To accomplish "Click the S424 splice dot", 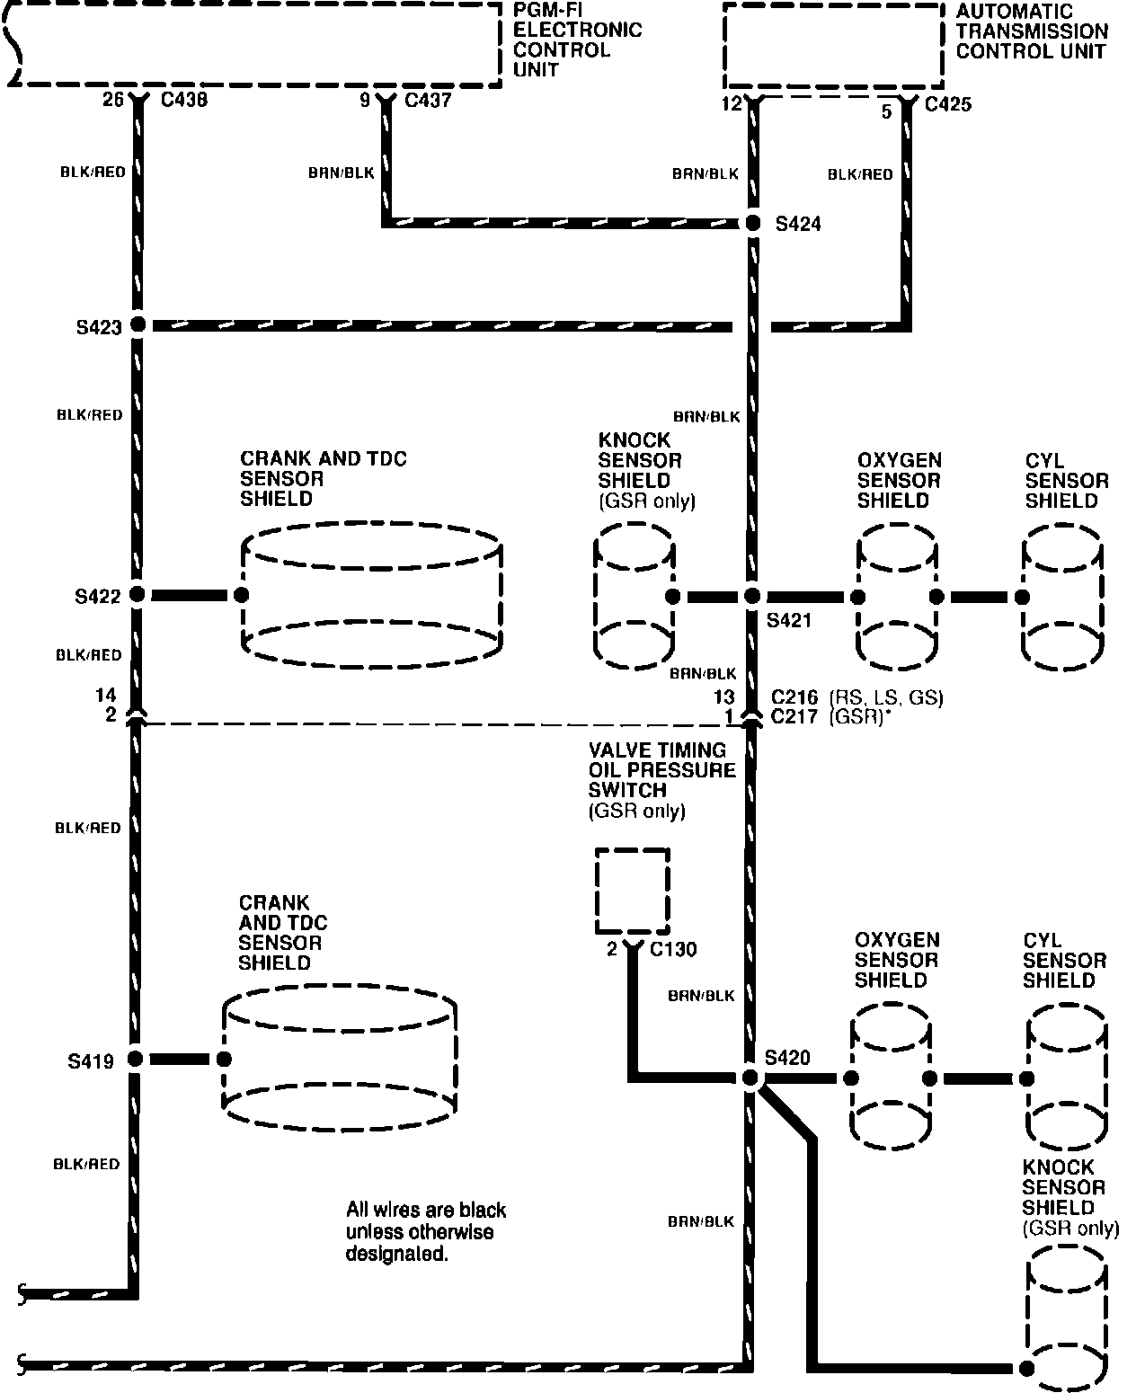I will click(x=753, y=223).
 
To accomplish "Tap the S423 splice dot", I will click(x=138, y=325).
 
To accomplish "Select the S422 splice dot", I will click(x=138, y=594).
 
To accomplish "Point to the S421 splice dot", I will click(x=753, y=596).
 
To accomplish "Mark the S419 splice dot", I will click(x=136, y=1060).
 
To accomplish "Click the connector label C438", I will click(x=183, y=100).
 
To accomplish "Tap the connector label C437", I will click(x=428, y=100).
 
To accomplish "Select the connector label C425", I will click(x=948, y=104).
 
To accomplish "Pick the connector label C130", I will click(x=673, y=949).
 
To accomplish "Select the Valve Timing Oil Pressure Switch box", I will click(x=633, y=891).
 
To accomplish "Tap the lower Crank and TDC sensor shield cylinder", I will click(x=340, y=1060).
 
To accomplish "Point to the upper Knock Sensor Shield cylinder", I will click(x=634, y=596).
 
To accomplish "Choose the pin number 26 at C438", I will click(x=112, y=100).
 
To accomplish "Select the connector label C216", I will click(x=794, y=697).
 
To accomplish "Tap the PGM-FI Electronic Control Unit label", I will click(x=577, y=40).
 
